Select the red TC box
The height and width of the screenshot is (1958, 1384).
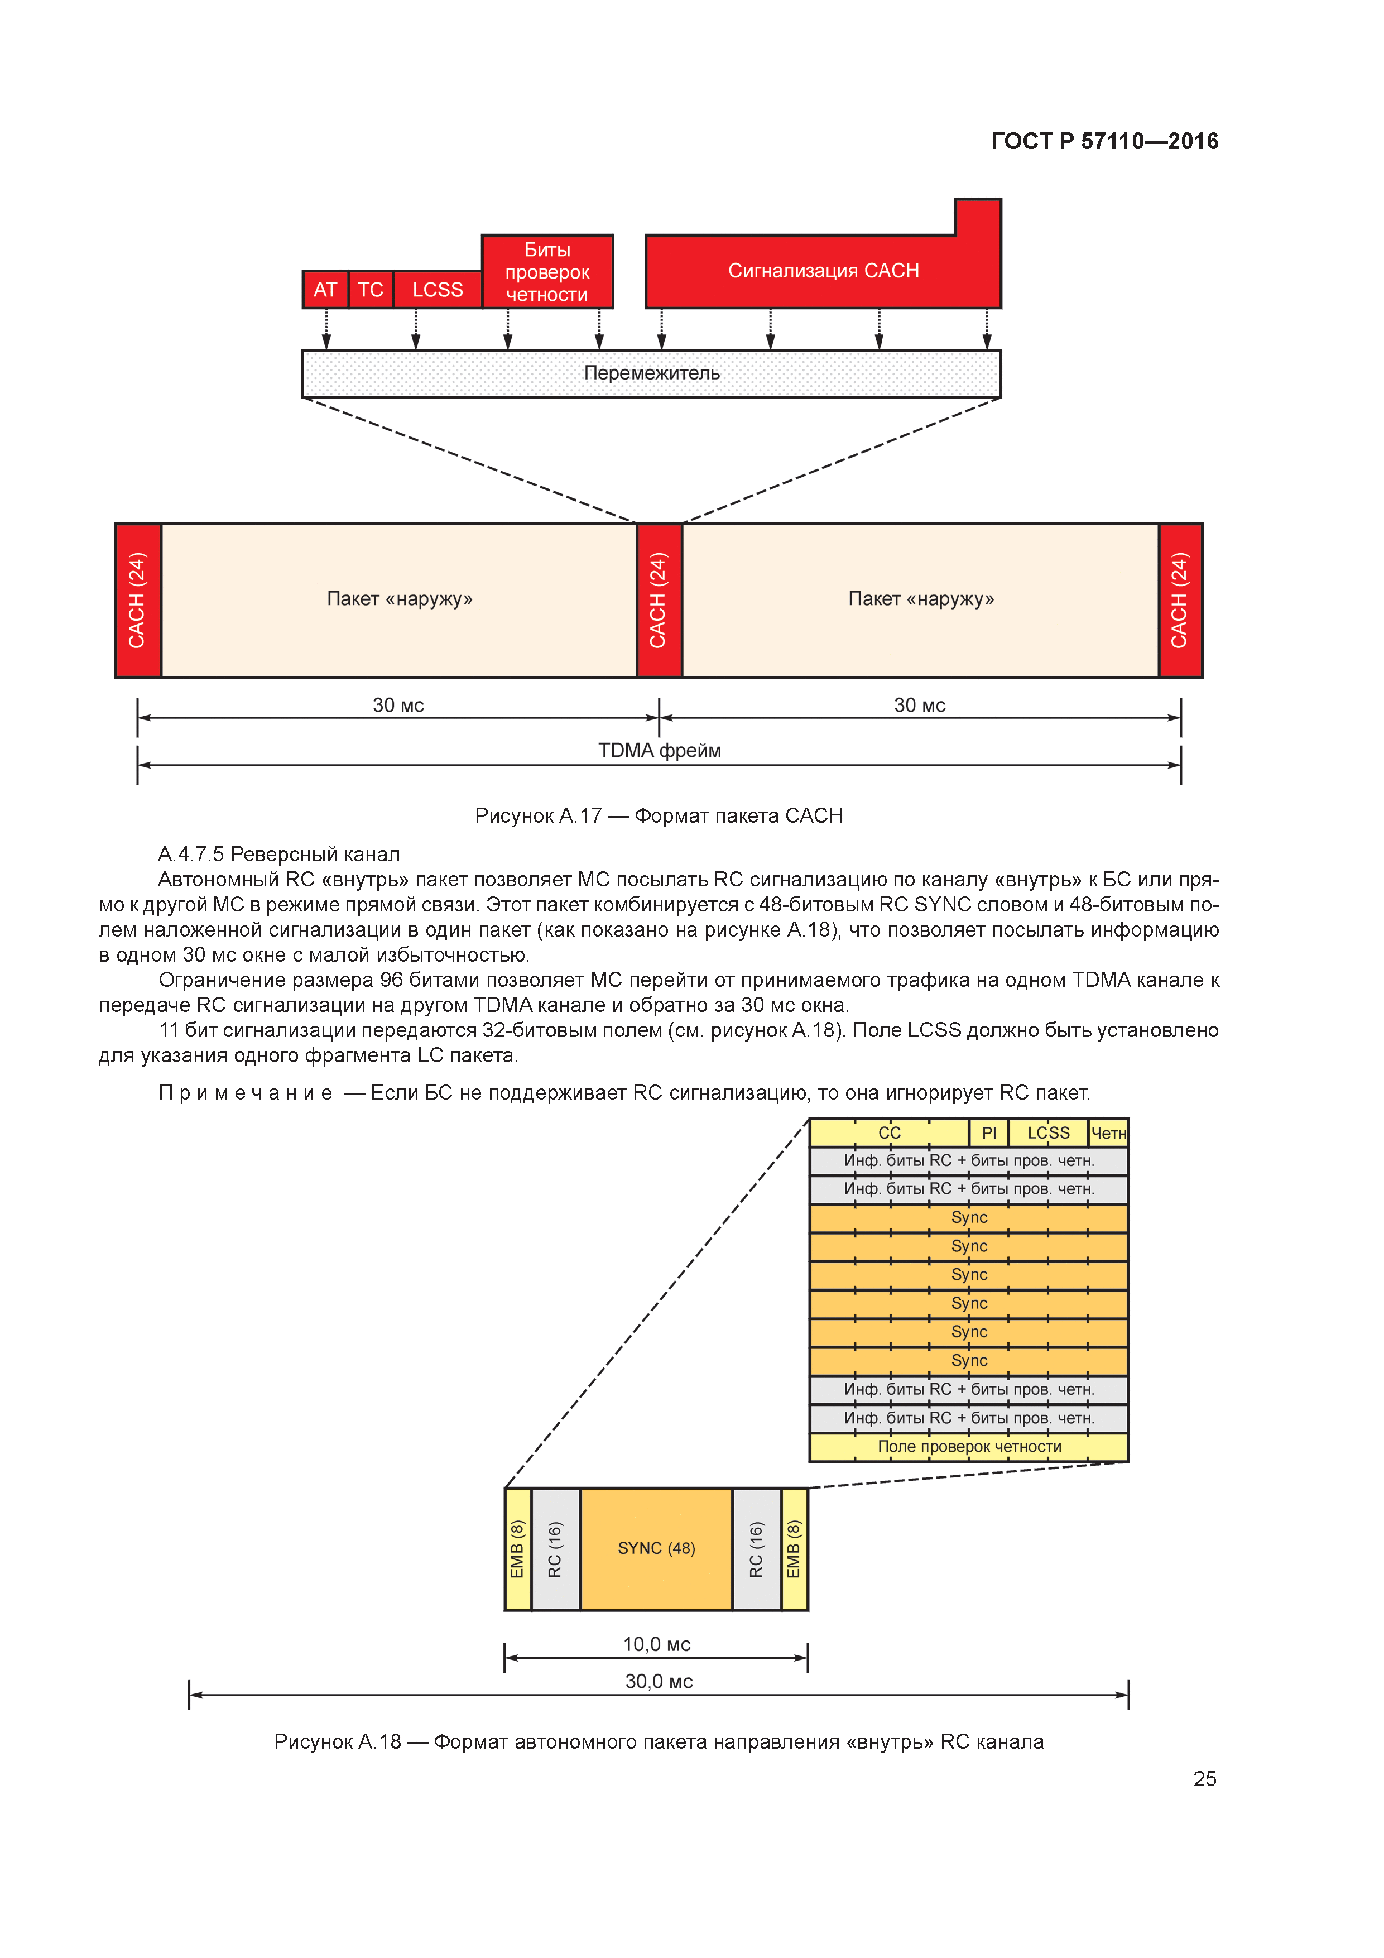(x=370, y=290)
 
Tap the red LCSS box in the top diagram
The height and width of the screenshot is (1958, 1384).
(x=438, y=290)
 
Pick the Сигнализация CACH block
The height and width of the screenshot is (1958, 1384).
(x=823, y=270)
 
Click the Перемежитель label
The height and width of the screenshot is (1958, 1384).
(x=651, y=373)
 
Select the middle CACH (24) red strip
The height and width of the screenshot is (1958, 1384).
(x=659, y=601)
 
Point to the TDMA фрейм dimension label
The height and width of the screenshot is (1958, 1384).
(x=659, y=751)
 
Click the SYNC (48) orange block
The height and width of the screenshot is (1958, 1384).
(x=656, y=1548)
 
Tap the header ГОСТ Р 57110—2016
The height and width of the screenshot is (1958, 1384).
(x=1104, y=142)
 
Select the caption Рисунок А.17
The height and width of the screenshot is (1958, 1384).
(x=659, y=815)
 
